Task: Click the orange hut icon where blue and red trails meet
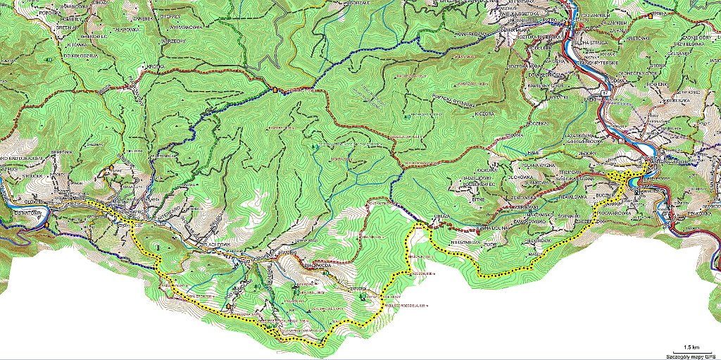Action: tap(275, 89)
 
